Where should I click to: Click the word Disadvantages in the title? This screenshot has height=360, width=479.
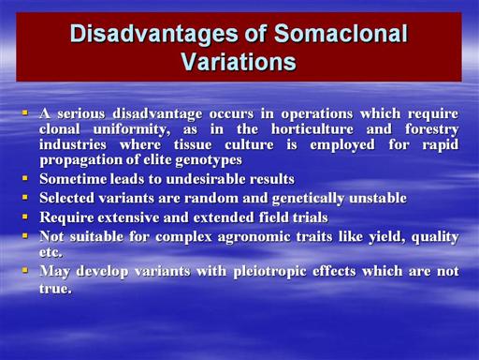(154, 34)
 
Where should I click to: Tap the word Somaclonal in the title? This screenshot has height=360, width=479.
(341, 33)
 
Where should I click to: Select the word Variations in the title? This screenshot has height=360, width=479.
(239, 61)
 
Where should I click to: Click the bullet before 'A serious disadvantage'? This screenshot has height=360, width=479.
(25, 112)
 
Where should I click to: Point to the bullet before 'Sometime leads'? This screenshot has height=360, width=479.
(25, 178)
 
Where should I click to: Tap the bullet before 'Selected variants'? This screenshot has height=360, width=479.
(25, 197)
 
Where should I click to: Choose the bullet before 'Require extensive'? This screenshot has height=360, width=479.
(25, 217)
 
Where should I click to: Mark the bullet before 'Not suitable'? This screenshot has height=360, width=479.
(25, 235)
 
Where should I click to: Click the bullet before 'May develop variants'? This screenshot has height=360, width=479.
(25, 270)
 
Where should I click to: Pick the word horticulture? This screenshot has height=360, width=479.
(312, 129)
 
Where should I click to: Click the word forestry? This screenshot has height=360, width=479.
(432, 129)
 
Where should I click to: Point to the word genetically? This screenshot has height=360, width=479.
(309, 199)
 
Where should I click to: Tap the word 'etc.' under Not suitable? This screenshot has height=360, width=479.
(51, 252)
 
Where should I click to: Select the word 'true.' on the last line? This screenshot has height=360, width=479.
(55, 288)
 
